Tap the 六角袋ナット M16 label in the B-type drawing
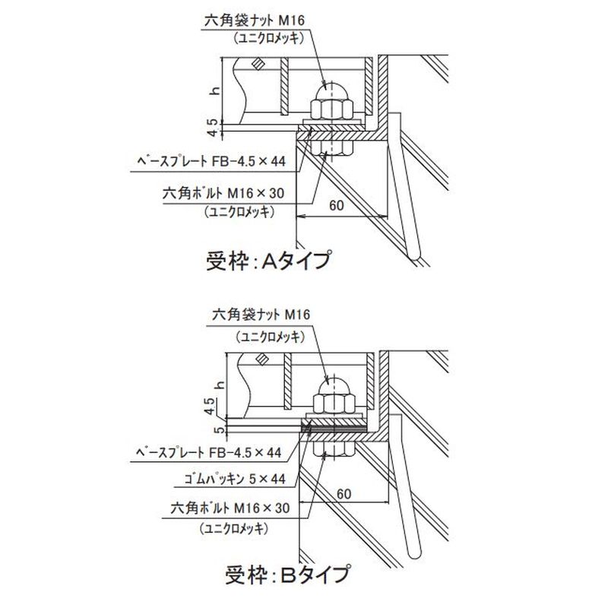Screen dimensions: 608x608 264,314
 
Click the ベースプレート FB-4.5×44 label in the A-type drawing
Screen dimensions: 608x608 200,161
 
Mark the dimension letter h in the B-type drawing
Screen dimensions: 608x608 217,385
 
